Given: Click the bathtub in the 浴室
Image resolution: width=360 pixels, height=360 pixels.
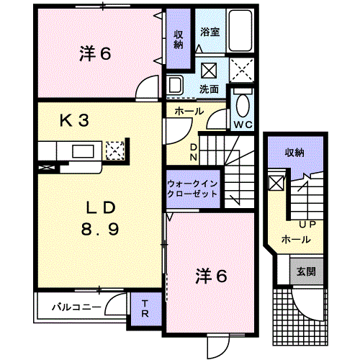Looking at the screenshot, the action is tap(240, 30).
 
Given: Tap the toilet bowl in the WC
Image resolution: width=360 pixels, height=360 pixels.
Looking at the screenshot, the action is tap(243, 106).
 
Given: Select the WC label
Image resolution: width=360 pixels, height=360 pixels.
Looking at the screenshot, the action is tap(243, 125).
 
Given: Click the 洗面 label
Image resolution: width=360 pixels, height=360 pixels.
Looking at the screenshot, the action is tap(209, 89).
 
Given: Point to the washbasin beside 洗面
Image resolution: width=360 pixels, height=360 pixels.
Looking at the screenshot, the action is tap(175, 85).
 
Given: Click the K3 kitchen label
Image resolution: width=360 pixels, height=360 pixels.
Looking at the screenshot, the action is tap(74, 120).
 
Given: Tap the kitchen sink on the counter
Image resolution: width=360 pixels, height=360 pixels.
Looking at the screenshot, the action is tap(83, 151).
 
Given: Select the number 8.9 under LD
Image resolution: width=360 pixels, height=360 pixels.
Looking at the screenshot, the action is tap(100, 229).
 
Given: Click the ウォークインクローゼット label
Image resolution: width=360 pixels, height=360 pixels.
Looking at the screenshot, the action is tap(192, 189).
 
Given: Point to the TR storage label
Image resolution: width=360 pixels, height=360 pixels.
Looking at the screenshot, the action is tap(145, 309).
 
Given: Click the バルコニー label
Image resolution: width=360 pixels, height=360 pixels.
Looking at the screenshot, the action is tap(76, 307).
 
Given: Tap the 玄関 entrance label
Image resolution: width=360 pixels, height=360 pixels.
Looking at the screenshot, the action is tap(306, 271).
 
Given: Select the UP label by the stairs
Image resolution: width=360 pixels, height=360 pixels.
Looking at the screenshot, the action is tap(307, 225).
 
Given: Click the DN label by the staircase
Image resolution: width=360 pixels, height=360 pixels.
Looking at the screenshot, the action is tap(194, 152).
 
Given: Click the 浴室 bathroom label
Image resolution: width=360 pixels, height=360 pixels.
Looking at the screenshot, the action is tap(210, 32).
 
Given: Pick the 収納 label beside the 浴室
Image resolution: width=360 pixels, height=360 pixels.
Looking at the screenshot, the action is tap(179, 40).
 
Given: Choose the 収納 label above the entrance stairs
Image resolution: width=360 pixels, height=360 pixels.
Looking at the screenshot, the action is tap(294, 153).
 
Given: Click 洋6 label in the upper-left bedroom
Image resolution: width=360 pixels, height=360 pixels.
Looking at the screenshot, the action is tap(95, 53).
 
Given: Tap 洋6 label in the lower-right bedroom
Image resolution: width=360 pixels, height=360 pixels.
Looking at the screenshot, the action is tap(211, 276).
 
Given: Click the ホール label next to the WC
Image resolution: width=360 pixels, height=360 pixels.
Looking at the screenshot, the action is tap(189, 111).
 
